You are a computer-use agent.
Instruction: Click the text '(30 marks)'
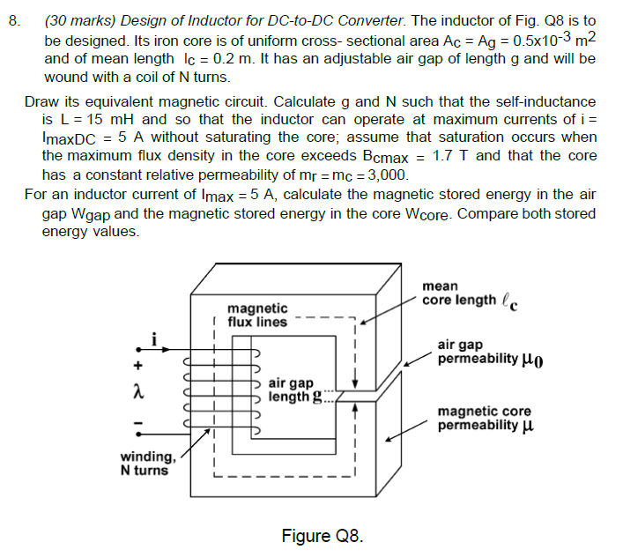[80, 21]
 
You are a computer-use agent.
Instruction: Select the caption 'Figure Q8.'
[322, 535]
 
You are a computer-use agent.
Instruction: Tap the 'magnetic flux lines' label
[257, 315]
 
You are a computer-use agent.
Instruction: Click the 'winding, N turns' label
[149, 463]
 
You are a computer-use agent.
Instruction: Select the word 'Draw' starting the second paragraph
[41, 102]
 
